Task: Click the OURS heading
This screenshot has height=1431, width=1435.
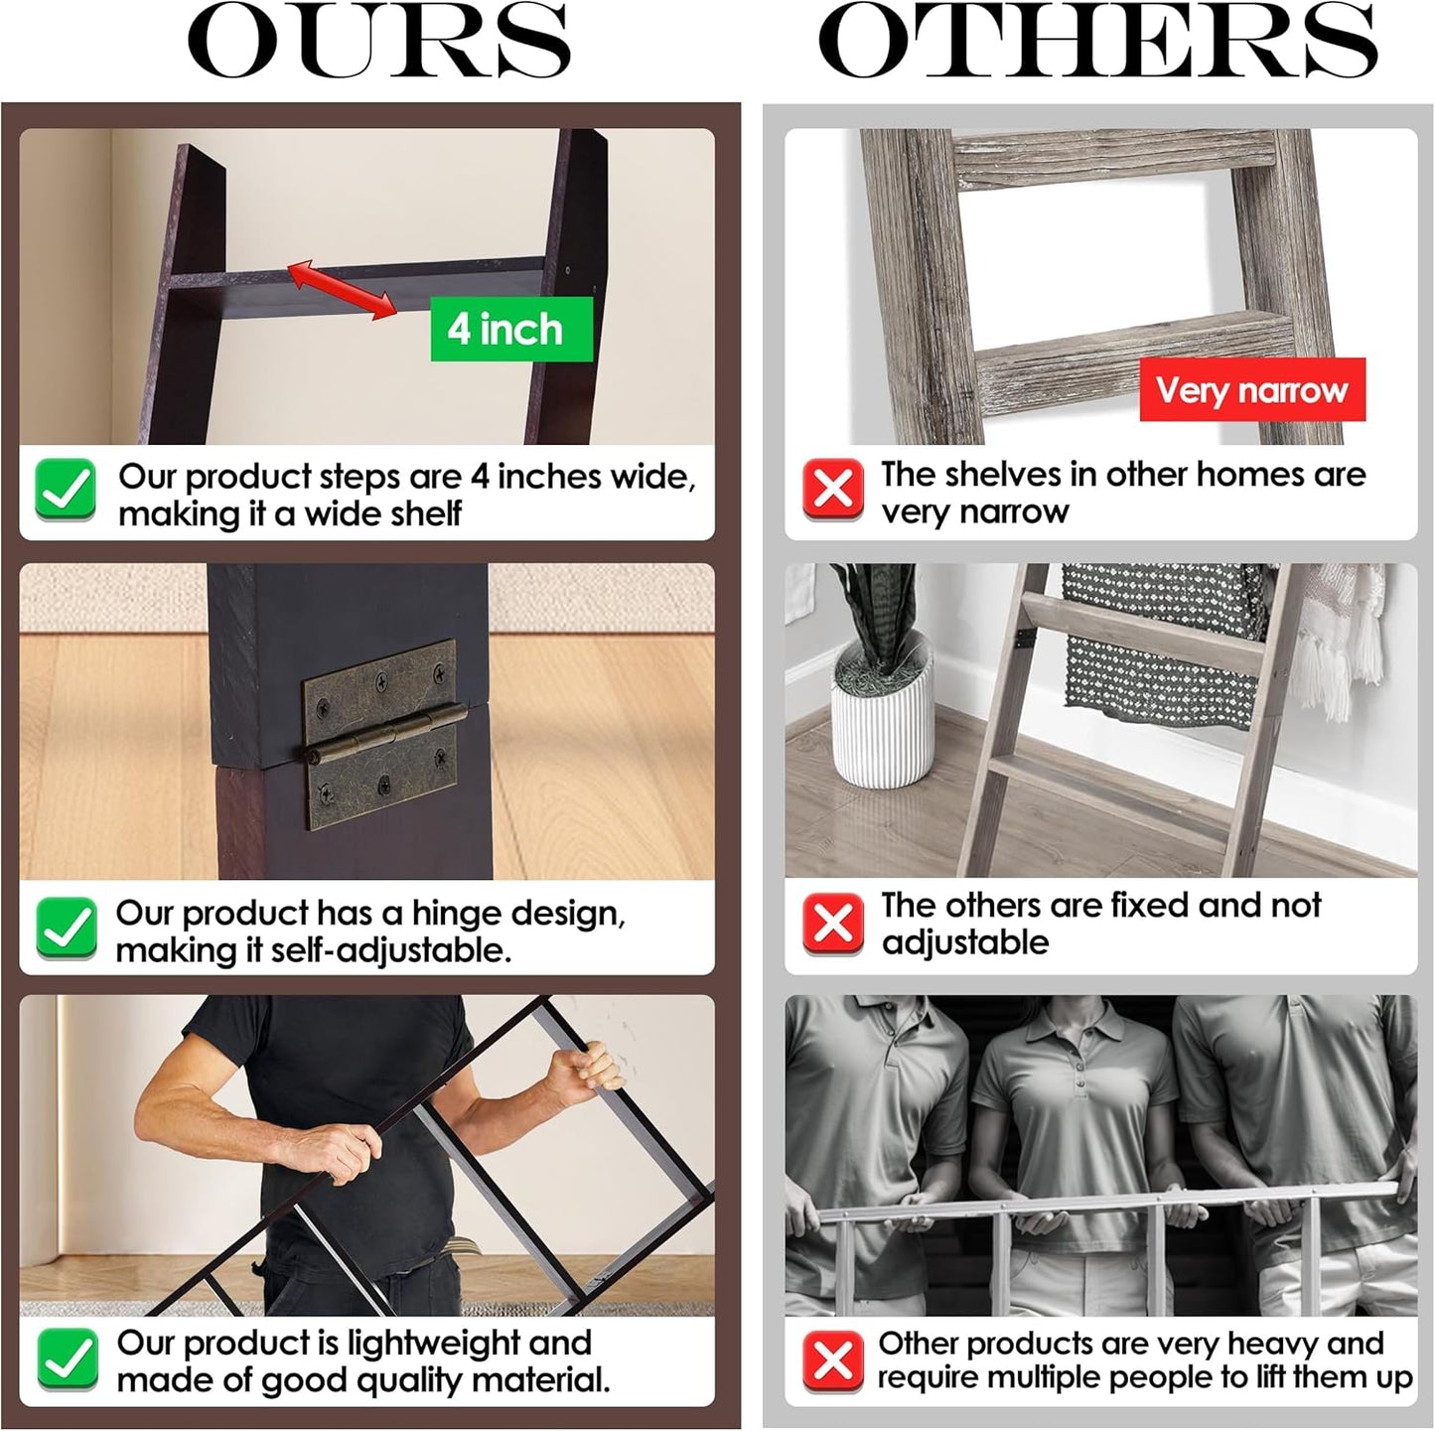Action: [379, 41]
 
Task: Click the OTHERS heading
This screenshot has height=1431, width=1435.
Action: [1097, 41]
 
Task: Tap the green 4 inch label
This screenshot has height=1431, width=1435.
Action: [511, 330]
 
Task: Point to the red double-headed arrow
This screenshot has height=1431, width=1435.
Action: [341, 290]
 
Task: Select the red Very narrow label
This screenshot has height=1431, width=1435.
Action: [1252, 389]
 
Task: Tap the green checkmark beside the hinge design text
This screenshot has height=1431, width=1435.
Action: [67, 929]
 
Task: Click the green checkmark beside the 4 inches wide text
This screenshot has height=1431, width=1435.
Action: [66, 490]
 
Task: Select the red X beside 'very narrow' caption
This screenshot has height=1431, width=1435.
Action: [833, 490]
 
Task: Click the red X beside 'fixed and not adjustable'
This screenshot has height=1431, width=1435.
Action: [833, 925]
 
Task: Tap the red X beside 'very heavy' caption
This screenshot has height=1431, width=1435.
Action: [833, 1361]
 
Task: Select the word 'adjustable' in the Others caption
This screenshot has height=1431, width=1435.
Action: [965, 943]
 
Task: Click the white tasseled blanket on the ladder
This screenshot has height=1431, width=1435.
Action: [1341, 641]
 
